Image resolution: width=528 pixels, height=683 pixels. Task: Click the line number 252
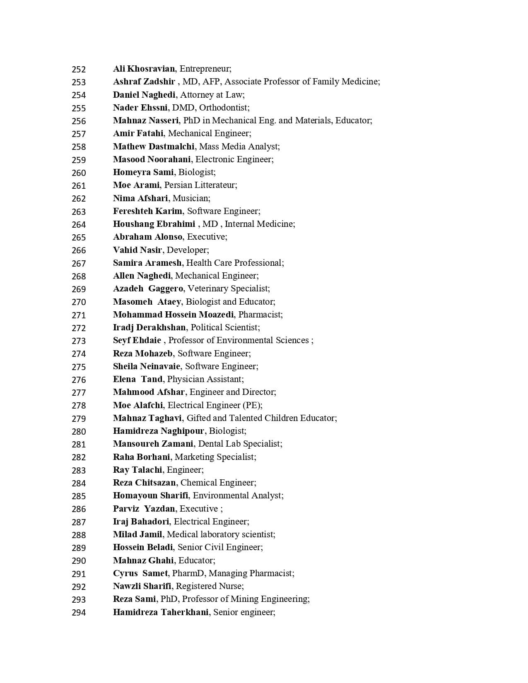point(79,69)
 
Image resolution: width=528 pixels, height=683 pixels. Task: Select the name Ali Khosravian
point(144,69)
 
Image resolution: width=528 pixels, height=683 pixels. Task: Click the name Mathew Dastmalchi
point(154,147)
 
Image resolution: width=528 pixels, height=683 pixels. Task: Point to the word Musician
point(190,198)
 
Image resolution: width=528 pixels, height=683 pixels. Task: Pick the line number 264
point(79,224)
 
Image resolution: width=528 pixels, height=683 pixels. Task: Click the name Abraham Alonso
point(148,237)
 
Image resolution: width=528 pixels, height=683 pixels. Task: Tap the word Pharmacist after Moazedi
point(260,315)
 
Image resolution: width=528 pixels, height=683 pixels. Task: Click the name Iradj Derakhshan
point(149,327)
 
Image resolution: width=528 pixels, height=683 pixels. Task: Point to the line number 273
point(79,341)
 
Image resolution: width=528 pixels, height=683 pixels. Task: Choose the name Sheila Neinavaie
point(147,366)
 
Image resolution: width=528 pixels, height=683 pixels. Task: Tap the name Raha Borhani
point(142,457)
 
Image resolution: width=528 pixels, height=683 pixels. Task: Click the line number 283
point(79,470)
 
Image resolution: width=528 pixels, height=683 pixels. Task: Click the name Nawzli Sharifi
point(142,586)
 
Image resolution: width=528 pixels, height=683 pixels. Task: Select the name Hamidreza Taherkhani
point(161,612)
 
